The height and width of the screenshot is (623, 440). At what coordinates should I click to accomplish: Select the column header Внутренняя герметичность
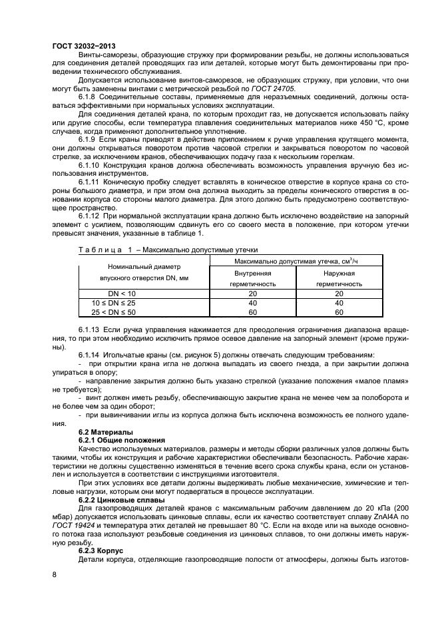point(252,278)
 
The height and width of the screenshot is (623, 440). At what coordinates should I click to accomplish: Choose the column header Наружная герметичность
point(339,278)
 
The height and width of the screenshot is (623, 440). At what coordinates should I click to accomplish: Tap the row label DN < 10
point(122,294)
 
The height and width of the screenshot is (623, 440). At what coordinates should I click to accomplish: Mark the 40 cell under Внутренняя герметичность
point(252,303)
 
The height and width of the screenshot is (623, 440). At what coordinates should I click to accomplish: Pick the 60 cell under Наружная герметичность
point(339,311)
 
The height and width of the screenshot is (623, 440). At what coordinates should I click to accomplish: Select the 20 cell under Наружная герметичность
point(339,294)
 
